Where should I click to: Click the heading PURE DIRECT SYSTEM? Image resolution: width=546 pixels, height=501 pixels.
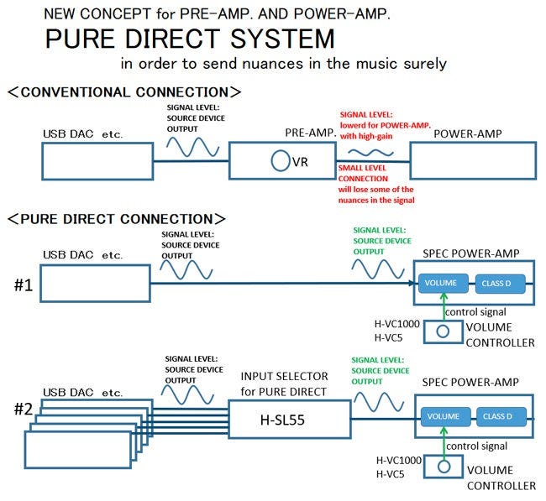pyautogui.click(x=190, y=39)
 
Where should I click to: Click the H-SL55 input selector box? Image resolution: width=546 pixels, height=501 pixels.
pyautogui.click(x=288, y=417)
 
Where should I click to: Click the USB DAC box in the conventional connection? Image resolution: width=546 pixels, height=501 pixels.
pyautogui.click(x=97, y=160)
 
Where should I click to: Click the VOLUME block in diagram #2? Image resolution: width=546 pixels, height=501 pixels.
pyautogui.click(x=443, y=416)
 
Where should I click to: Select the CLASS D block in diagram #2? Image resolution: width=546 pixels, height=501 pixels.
pyautogui.click(x=501, y=416)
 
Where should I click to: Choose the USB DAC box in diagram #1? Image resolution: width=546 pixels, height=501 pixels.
pyautogui.click(x=97, y=284)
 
